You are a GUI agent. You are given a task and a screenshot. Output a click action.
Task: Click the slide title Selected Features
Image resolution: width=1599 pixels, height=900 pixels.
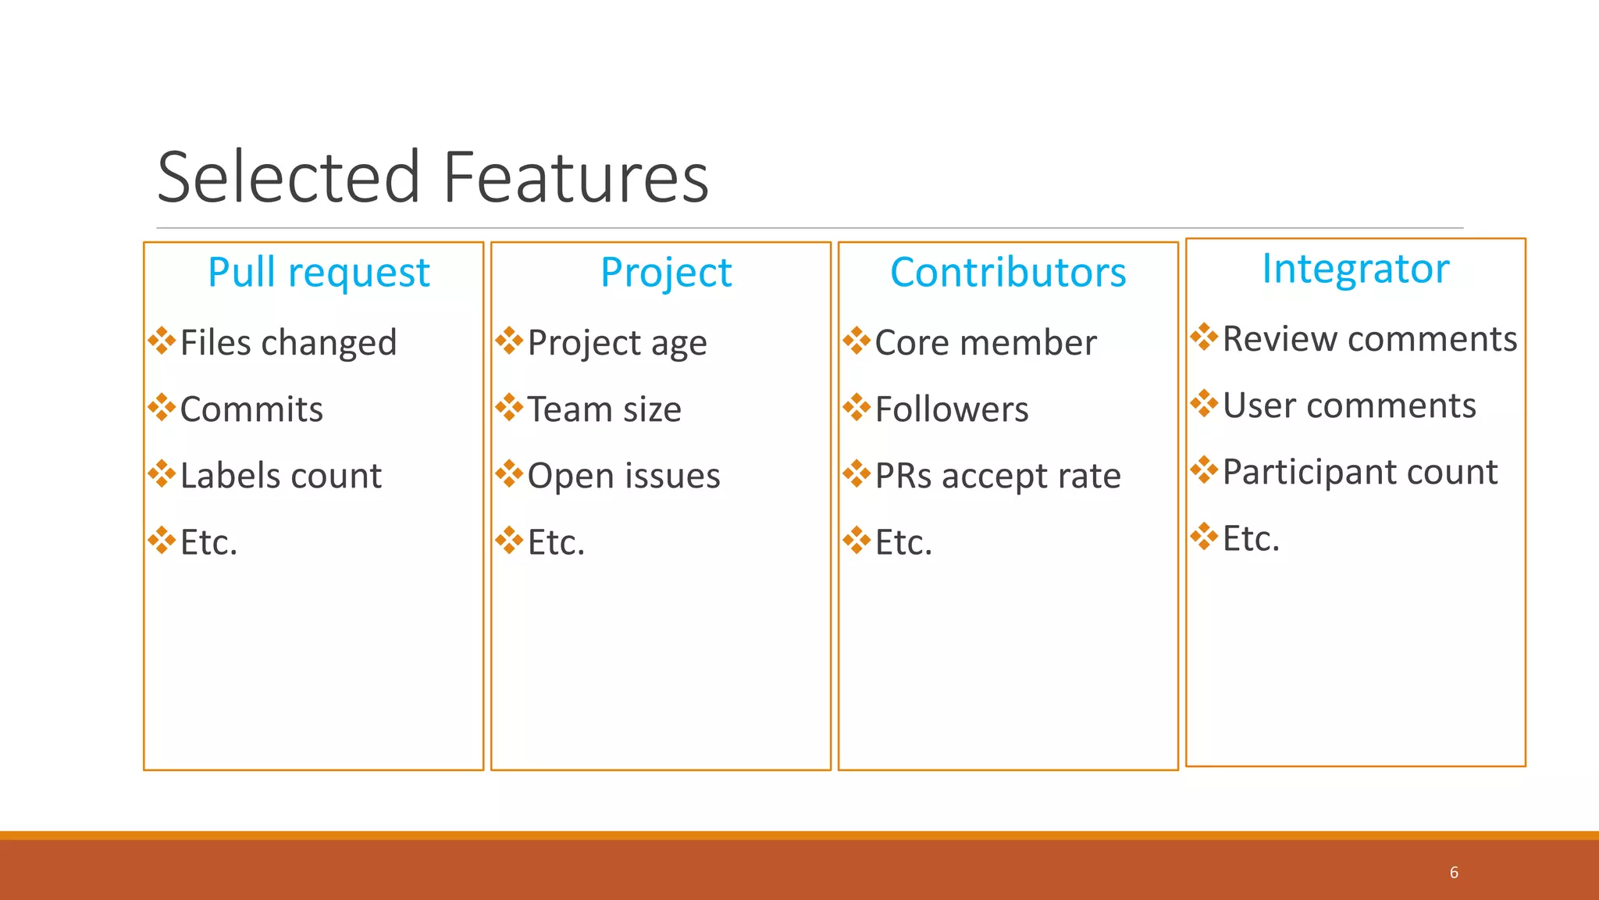433,178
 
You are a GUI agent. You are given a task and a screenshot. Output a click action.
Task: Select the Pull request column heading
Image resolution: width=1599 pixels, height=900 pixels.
319,273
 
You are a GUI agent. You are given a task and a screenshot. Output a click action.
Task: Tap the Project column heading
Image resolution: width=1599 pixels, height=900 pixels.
666,273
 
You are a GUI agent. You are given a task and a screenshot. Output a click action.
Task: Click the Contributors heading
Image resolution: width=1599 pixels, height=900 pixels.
1008,273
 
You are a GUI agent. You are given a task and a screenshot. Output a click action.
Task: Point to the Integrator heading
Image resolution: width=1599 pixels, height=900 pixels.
1355,269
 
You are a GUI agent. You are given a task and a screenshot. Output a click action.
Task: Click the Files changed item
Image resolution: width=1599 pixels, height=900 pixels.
288,343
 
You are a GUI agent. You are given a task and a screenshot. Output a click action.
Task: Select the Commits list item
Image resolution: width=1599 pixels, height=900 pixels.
251,409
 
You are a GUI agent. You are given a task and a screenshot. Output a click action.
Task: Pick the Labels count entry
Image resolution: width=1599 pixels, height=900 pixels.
280,476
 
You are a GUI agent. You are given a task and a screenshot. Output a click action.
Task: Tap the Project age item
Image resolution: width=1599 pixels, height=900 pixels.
617,343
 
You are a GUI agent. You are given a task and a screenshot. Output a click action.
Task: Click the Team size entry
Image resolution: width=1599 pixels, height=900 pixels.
604,409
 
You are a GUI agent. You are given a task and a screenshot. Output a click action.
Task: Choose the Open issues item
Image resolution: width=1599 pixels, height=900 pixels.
624,476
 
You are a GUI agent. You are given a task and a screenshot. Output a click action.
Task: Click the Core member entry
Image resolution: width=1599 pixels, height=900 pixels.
985,343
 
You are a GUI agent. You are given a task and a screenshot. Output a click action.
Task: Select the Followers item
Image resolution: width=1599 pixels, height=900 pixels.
952,409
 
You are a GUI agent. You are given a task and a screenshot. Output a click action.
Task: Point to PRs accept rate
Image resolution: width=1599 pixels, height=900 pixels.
998,476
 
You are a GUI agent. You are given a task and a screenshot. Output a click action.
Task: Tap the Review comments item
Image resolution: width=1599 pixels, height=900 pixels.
1369,339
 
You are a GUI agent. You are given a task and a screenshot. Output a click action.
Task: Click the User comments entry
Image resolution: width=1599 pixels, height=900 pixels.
1349,405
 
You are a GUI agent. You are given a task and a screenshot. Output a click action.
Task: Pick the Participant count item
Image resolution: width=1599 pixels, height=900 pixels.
1360,472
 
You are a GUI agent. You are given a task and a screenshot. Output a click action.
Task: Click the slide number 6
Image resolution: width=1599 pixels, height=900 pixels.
1454,873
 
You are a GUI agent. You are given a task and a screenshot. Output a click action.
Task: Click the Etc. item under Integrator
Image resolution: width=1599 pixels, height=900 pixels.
1251,538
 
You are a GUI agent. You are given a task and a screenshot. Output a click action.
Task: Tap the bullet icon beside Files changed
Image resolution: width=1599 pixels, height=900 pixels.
162,341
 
